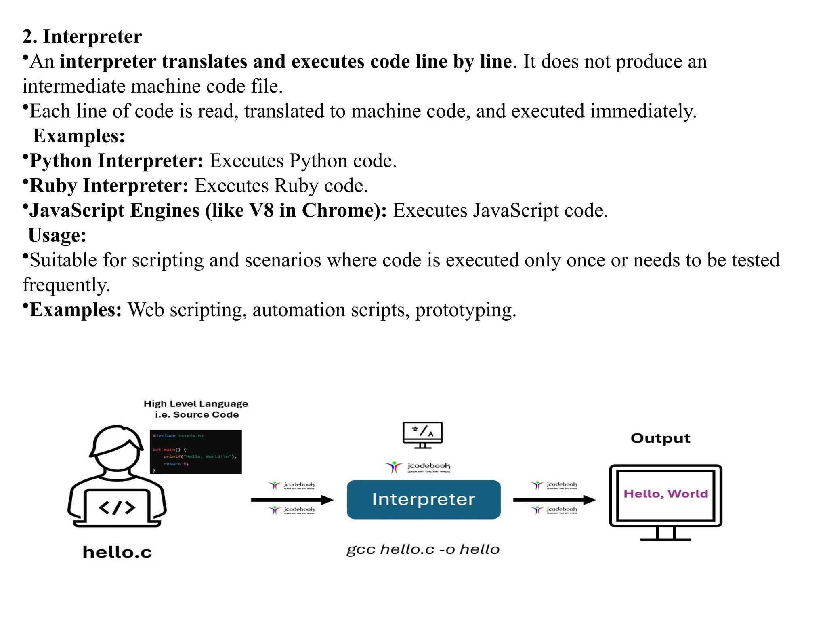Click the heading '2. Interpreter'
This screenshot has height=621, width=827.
(82, 36)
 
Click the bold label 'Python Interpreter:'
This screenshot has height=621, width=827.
(116, 161)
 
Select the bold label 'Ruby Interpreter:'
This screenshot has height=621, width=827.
(109, 186)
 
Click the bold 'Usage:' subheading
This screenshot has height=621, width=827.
(57, 235)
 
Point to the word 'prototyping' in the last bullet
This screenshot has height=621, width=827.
(464, 310)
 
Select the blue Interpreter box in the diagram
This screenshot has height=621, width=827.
(423, 499)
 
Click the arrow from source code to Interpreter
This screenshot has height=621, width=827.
(292, 500)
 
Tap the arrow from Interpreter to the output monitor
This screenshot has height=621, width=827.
(554, 500)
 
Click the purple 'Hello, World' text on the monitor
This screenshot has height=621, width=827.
(665, 494)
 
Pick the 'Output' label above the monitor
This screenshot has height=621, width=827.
(660, 438)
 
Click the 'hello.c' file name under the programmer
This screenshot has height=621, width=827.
(117, 552)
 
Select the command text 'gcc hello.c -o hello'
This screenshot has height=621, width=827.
(423, 549)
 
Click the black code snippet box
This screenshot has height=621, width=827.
(196, 452)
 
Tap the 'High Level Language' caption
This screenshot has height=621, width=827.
(196, 404)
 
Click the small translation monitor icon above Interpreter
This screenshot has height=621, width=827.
(422, 435)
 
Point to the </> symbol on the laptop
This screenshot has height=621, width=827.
(117, 508)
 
